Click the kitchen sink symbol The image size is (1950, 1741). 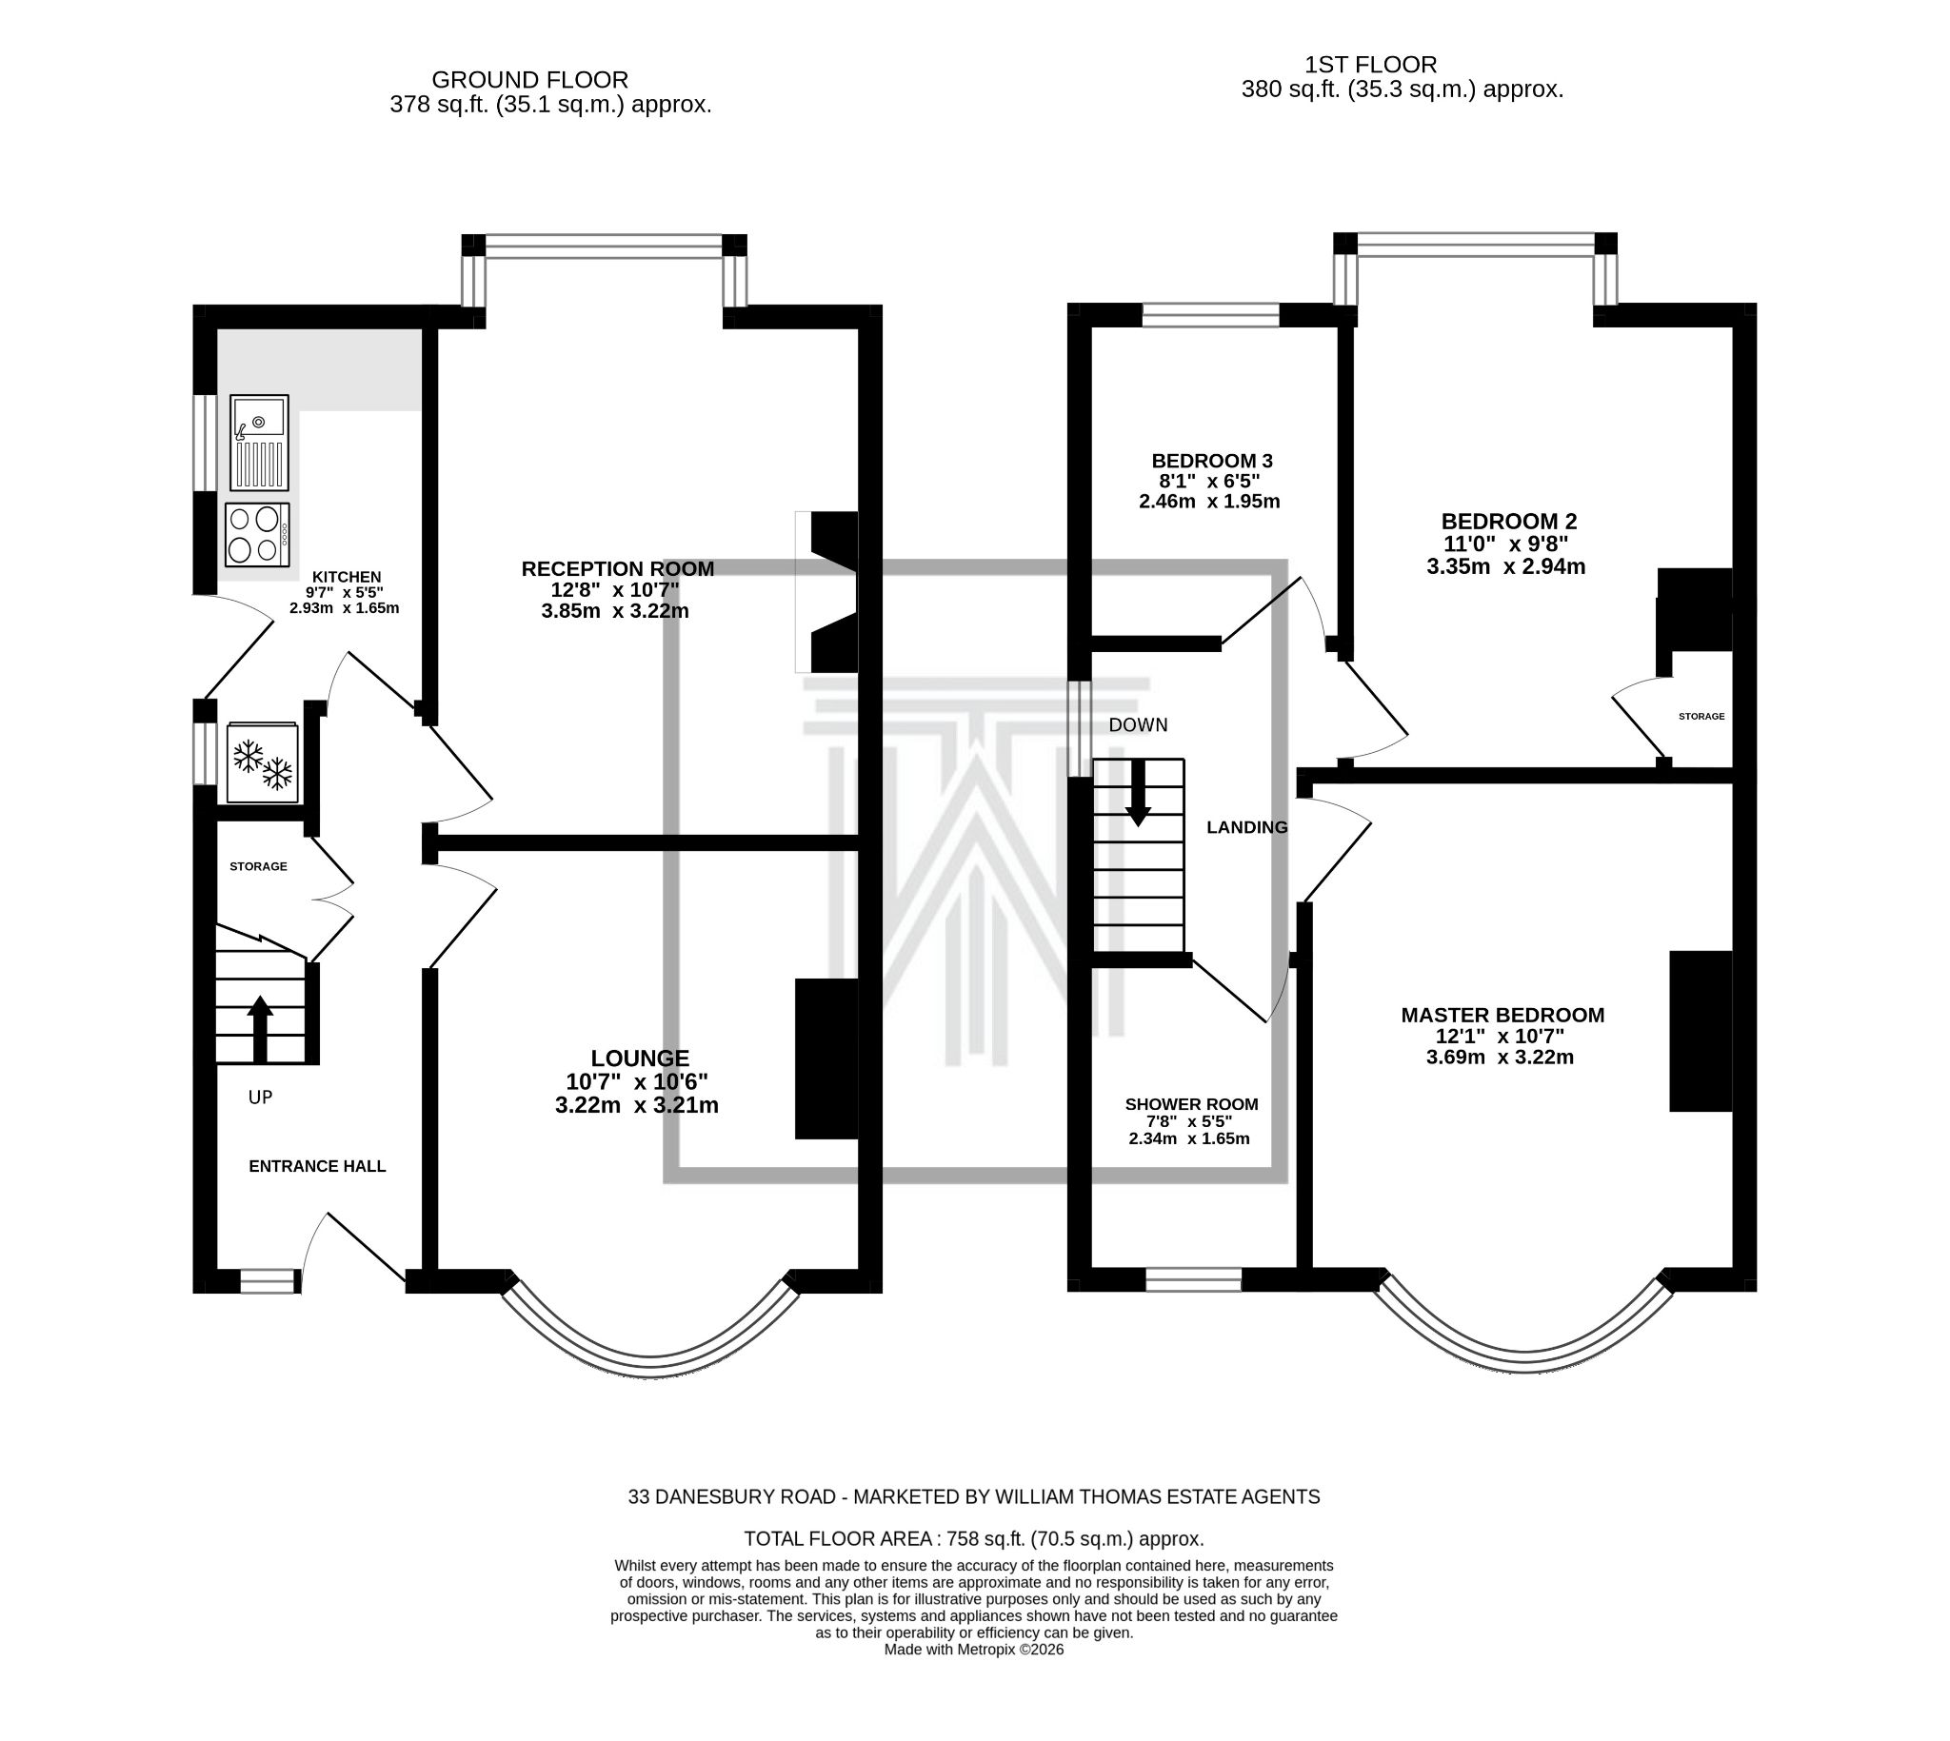(258, 442)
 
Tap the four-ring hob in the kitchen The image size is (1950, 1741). (256, 535)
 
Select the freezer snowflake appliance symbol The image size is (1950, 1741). (262, 763)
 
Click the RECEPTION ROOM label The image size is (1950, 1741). (617, 569)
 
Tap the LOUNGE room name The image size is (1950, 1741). (639, 1058)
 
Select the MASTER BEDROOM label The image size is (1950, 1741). (1502, 1015)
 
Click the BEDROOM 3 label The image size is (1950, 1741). (1211, 461)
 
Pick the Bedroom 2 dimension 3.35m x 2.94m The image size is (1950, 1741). (1505, 566)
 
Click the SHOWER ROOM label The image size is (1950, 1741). (1191, 1104)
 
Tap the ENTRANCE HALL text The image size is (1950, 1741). (317, 1166)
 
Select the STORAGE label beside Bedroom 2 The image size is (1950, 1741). (1701, 717)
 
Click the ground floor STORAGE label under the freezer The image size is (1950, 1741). (258, 866)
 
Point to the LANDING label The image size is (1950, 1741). (1245, 827)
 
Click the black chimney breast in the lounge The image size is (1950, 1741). (826, 1058)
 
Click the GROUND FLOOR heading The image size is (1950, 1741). (529, 80)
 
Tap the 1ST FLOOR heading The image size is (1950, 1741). (1370, 65)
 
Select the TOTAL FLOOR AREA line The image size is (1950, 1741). (973, 1539)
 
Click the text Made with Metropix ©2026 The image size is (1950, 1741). (973, 1651)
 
